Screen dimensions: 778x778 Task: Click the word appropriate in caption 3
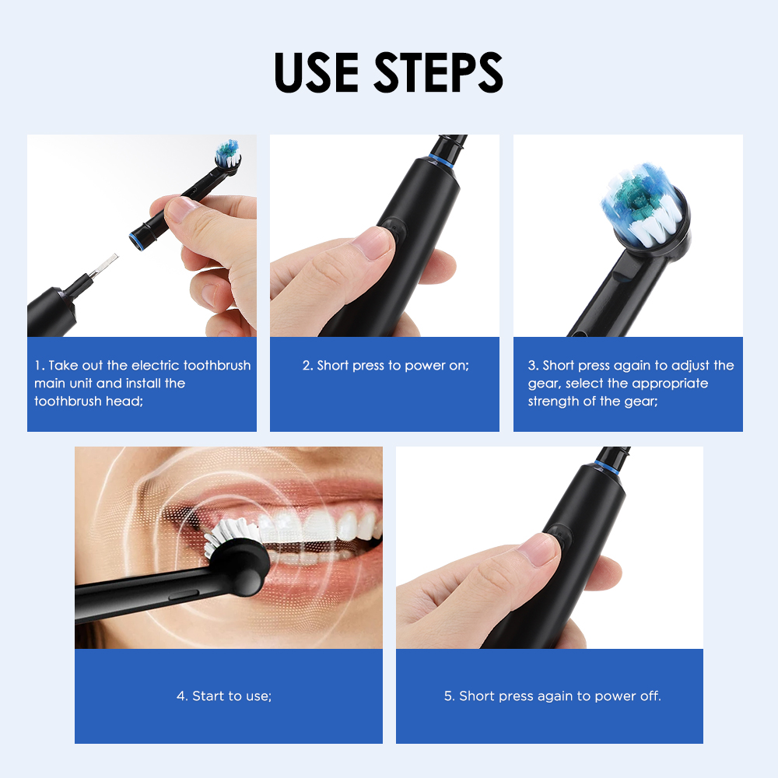[x=670, y=384]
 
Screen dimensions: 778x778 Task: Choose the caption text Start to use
[x=231, y=696]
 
